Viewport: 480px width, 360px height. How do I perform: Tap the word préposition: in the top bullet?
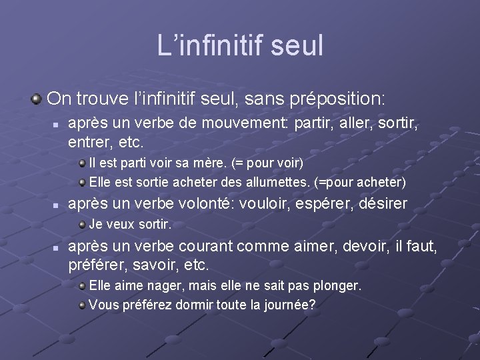pos(339,99)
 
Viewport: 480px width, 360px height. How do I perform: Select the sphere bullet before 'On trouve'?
pos(36,99)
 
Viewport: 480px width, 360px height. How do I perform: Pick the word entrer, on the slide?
pos(89,142)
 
